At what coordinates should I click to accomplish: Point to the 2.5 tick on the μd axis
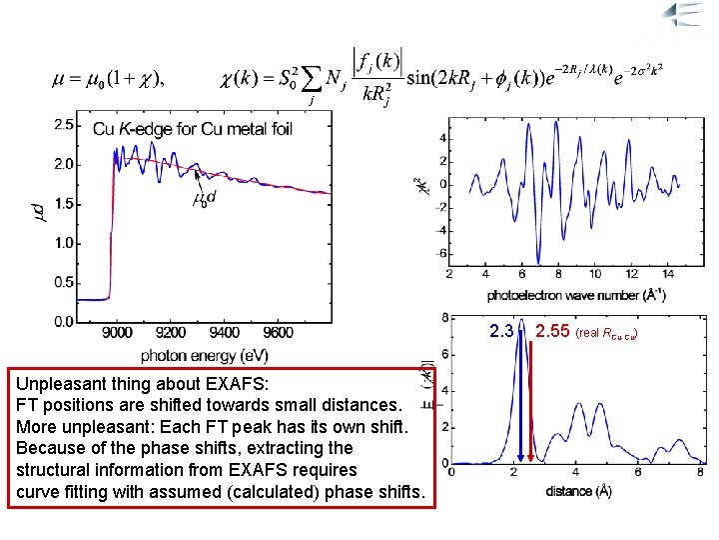point(62,124)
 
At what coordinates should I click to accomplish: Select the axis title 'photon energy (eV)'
point(204,355)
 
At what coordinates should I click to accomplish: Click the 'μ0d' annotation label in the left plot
point(205,199)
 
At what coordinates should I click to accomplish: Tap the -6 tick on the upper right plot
point(440,253)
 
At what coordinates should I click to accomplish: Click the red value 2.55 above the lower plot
point(552,331)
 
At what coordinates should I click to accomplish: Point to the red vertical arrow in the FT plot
point(530,400)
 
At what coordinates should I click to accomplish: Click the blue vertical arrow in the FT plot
point(520,400)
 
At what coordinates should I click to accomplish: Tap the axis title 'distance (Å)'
point(579,491)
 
